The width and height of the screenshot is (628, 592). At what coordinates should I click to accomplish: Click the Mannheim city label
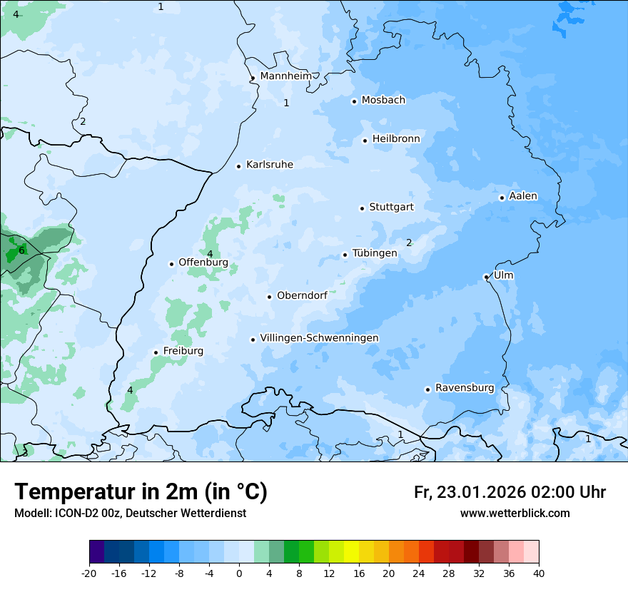pyautogui.click(x=285, y=76)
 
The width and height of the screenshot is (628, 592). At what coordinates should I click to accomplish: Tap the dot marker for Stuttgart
pyautogui.click(x=362, y=208)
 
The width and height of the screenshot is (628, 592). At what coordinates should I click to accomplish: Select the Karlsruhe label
pyautogui.click(x=270, y=165)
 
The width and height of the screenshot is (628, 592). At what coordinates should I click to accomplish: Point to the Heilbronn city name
pyautogui.click(x=396, y=139)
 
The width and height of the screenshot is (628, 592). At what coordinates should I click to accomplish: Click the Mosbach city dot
pyautogui.click(x=354, y=101)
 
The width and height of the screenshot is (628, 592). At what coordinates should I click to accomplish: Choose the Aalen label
pyautogui.click(x=523, y=196)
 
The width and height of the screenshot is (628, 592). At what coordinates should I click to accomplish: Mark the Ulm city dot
pyautogui.click(x=486, y=277)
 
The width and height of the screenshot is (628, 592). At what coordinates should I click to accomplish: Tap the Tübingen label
pyautogui.click(x=375, y=253)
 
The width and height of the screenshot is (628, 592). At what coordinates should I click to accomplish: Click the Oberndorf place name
pyautogui.click(x=302, y=295)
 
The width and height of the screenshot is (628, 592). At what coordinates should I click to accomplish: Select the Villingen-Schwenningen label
pyautogui.click(x=319, y=338)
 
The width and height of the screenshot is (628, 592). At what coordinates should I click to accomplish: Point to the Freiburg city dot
pyautogui.click(x=156, y=352)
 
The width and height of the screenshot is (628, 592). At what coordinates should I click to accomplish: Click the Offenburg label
pyautogui.click(x=203, y=262)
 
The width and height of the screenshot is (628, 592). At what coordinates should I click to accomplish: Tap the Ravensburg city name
pyautogui.click(x=465, y=388)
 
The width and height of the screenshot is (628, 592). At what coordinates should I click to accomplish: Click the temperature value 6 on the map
pyautogui.click(x=21, y=250)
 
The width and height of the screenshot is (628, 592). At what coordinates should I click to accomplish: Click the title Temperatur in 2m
pyautogui.click(x=141, y=492)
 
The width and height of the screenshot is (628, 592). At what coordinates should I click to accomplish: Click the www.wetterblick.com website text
pyautogui.click(x=515, y=513)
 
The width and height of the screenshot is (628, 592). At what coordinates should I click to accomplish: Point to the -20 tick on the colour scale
pyautogui.click(x=89, y=573)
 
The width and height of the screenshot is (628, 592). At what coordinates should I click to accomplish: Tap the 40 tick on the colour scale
pyautogui.click(x=539, y=573)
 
